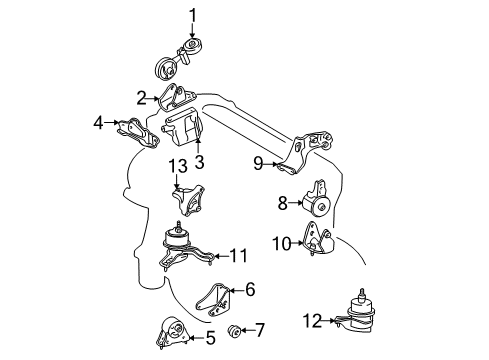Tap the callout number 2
pos(142,97)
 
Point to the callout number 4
pos(98,123)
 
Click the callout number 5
pos(210,338)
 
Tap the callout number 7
pos(260,328)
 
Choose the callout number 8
pos(283,204)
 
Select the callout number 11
pos(237,256)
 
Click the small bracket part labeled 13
pos(188,200)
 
